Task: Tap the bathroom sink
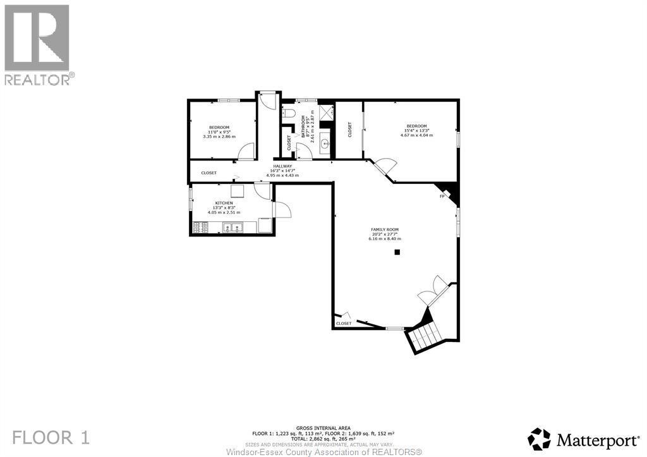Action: click(x=325, y=143)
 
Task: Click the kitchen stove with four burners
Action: click(x=200, y=226)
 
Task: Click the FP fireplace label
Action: click(x=442, y=197)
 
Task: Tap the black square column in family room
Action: click(x=397, y=252)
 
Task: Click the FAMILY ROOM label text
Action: click(x=384, y=229)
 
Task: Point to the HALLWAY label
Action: click(x=282, y=166)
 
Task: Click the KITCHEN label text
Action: click(x=224, y=203)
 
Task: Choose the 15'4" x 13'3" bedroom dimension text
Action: click(x=416, y=130)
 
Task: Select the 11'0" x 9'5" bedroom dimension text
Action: click(x=219, y=131)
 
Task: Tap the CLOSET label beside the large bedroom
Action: click(x=350, y=130)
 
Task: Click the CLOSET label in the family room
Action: click(x=343, y=324)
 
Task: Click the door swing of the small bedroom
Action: click(x=246, y=152)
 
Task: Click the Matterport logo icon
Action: click(x=540, y=439)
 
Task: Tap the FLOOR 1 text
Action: click(x=52, y=437)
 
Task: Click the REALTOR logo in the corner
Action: click(x=37, y=44)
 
